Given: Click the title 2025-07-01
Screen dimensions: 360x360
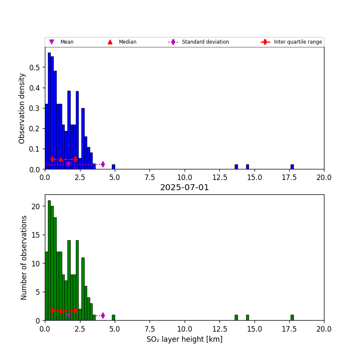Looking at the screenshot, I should [x=184, y=188].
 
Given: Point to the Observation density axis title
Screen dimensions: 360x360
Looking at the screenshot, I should [x=22, y=108].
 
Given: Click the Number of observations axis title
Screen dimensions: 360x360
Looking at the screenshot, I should [x=24, y=258].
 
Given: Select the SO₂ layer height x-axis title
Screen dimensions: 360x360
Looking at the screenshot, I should [x=184, y=340].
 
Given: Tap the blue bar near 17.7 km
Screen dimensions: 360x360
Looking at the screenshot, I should [x=292, y=167].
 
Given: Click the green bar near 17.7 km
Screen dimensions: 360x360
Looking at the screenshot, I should [x=292, y=318].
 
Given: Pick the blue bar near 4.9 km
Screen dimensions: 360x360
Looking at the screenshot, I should [x=114, y=167].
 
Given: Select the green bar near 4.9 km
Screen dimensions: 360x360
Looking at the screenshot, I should [x=114, y=318].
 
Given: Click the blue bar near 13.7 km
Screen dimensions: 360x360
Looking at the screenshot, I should [x=236, y=167].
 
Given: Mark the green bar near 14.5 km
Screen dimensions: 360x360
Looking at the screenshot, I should [x=247, y=318].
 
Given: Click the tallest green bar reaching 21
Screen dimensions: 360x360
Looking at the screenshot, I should [x=49, y=260].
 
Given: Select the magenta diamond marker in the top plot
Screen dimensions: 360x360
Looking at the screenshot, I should [x=103, y=164].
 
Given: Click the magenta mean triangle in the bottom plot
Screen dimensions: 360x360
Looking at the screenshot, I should [x=69, y=316].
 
